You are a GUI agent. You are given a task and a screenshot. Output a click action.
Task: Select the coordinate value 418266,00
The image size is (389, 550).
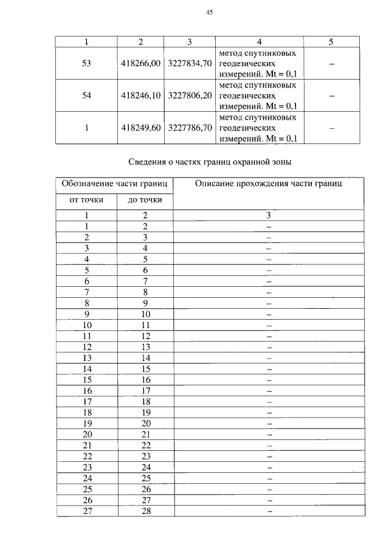tap(140, 63)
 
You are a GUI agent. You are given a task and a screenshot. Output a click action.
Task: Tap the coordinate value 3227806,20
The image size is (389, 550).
tap(190, 96)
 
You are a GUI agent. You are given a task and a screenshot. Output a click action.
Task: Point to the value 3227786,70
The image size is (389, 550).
tap(190, 128)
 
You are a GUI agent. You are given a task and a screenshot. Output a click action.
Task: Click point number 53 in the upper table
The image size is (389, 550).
tap(86, 63)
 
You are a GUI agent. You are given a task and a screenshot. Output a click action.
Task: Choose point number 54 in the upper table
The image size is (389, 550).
tap(86, 96)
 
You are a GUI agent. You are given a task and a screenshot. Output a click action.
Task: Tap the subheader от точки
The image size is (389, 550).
tap(86, 199)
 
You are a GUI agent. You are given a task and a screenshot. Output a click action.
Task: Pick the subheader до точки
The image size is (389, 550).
tap(145, 199)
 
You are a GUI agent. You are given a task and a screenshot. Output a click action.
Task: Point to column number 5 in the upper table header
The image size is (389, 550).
tap(331, 42)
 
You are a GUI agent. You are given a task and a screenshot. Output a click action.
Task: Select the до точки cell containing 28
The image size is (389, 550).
tap(145, 511)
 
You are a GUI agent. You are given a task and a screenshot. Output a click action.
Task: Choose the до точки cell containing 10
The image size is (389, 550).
tap(145, 314)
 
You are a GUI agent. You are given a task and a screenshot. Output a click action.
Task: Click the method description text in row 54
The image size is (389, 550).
tap(258, 96)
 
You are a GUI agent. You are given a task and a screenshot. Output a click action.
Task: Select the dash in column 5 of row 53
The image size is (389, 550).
tap(331, 63)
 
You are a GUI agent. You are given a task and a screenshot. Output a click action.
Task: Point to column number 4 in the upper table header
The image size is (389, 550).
tap(259, 42)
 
